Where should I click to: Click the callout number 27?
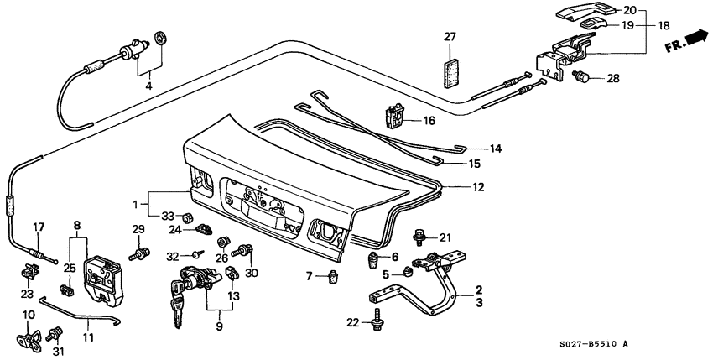click(x=450, y=36)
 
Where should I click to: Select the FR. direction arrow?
click(x=684, y=41)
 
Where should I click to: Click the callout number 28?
click(x=612, y=79)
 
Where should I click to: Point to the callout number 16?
click(x=429, y=121)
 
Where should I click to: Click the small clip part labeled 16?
click(x=393, y=114)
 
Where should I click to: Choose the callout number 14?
click(x=495, y=149)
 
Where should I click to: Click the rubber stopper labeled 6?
click(x=373, y=259)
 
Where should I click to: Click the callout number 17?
click(x=38, y=226)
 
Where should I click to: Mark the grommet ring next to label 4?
click(x=159, y=40)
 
